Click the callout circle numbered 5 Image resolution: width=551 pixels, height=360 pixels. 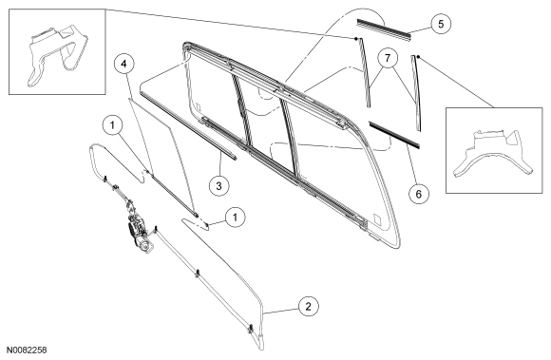point(441,24)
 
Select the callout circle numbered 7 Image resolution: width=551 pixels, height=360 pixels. point(388,58)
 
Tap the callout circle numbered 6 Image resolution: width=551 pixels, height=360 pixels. point(419,193)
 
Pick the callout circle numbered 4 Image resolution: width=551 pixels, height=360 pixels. point(124,64)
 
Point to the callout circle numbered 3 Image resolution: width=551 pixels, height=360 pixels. point(218,185)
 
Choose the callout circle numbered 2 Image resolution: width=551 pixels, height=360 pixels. point(308,307)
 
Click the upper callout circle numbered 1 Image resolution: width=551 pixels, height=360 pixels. point(112,126)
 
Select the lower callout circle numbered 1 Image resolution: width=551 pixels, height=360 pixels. point(235,218)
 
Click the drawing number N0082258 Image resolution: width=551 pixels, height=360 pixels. point(27,351)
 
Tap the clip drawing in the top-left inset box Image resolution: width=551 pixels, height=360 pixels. point(56,56)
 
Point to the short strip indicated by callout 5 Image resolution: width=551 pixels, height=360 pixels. point(384,29)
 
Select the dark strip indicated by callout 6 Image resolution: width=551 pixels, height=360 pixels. point(394,134)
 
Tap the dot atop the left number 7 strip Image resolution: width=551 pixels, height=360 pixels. point(356,38)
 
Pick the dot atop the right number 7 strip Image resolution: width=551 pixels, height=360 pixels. point(419,56)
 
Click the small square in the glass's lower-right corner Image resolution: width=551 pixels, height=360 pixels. point(377,218)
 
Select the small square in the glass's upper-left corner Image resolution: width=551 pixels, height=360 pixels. point(198,105)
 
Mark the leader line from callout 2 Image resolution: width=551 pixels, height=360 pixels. point(281,311)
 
